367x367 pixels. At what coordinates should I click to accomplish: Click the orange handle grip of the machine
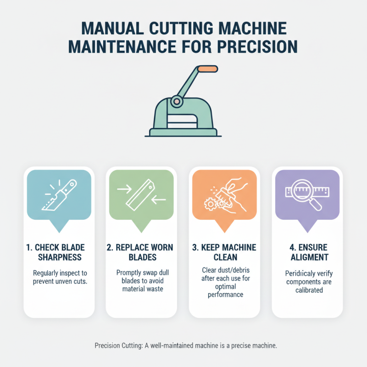(x=208, y=68)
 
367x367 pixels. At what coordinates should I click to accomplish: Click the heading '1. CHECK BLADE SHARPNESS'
(x=58, y=253)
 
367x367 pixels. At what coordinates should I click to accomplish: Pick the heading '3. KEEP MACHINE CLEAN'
(x=224, y=253)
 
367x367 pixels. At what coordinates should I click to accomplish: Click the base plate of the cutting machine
(x=183, y=133)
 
